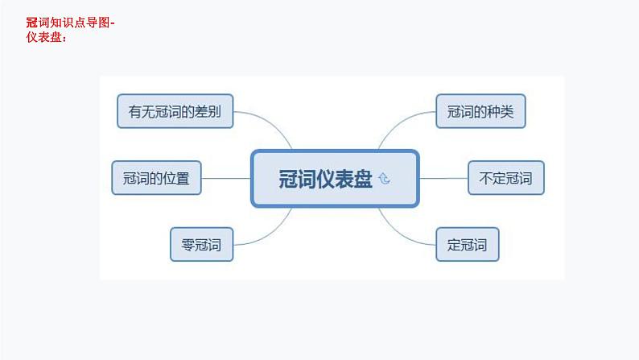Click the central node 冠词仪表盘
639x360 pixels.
tap(335, 178)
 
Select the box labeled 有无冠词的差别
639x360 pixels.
tap(175, 111)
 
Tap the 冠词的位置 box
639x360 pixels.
tap(156, 178)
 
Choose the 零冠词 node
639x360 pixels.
tap(201, 244)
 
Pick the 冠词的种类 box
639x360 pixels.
tap(480, 111)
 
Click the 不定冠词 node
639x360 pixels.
tap(505, 178)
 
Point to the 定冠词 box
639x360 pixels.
tap(467, 244)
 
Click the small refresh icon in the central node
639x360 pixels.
tap(384, 179)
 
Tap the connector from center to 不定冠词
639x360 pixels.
tap(443, 178)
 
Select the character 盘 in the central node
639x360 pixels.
tap(363, 179)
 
